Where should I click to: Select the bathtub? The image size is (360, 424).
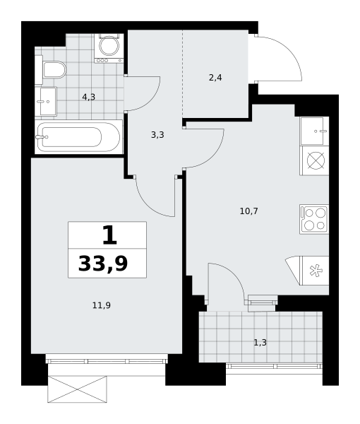pos(78,137)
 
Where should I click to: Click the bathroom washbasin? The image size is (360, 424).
pos(46,101)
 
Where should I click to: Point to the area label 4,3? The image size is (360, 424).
pos(88,97)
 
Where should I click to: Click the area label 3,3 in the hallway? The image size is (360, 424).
pos(157,135)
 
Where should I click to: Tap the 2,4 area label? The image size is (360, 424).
pos(215,78)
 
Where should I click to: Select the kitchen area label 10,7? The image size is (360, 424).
pos(249,211)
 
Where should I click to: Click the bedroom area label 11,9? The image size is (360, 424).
pos(102,305)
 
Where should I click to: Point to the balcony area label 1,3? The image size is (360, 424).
pos(260,343)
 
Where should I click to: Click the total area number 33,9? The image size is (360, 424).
pos(103,264)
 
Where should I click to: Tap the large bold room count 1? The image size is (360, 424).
pos(109,235)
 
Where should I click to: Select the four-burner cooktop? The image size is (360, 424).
pos(314,219)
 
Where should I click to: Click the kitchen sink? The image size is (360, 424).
pos(314,131)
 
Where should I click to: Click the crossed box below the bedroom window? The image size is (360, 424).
pos(77,389)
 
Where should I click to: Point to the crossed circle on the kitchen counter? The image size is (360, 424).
pos(314,160)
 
